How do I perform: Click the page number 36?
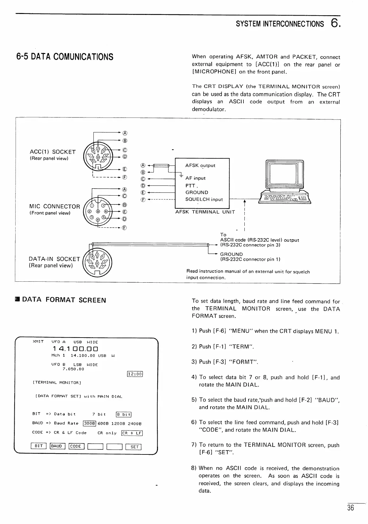(x=350, y=508)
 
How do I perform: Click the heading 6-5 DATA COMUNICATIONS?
(x=65, y=57)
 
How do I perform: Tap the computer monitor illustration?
(x=285, y=175)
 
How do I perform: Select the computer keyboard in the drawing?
(x=285, y=198)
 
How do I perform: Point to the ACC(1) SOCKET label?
(x=52, y=152)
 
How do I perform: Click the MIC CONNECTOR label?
(x=55, y=207)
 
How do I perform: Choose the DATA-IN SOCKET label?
(x=54, y=259)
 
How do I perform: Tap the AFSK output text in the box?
(x=200, y=165)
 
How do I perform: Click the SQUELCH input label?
(x=204, y=199)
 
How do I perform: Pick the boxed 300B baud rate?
(x=90, y=423)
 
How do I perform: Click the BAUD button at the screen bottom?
(x=57, y=447)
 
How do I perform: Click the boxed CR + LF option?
(x=132, y=433)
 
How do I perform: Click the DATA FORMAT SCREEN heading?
(x=64, y=300)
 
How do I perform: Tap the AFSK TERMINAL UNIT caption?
(x=205, y=212)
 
